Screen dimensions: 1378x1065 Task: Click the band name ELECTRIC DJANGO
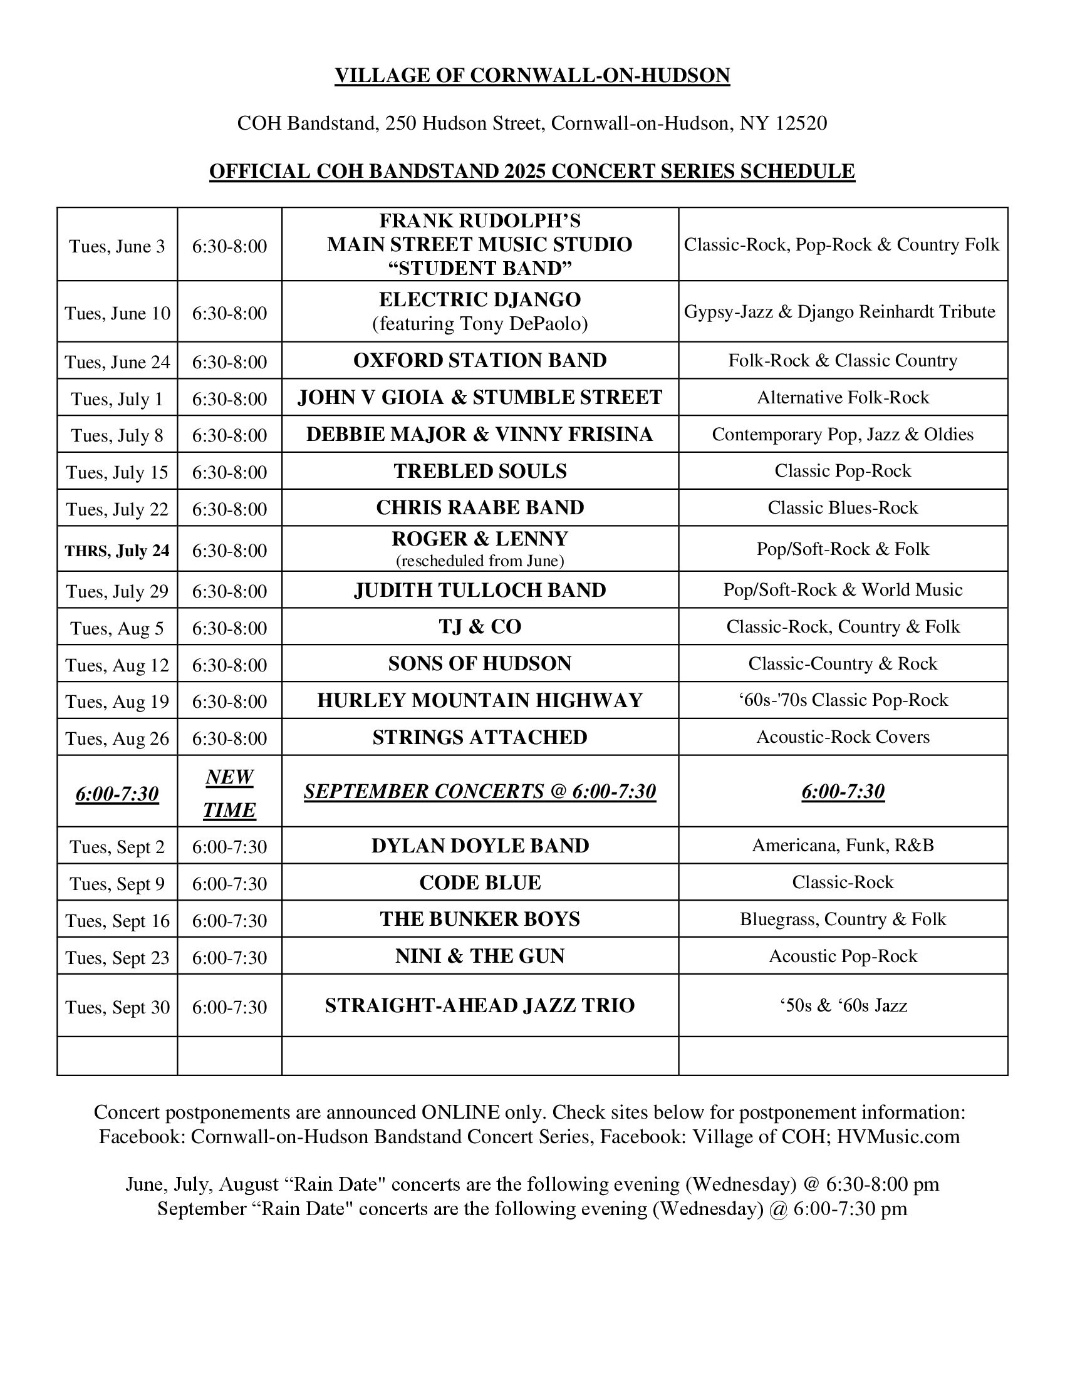[479, 299]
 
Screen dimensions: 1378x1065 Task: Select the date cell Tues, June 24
[117, 362]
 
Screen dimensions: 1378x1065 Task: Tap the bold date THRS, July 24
[117, 551]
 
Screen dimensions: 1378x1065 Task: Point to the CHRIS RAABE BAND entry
[479, 508]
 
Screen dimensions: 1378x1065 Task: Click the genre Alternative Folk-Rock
[843, 398]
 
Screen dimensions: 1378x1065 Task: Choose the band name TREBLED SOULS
[479, 471]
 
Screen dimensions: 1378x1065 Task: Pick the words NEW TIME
[229, 793]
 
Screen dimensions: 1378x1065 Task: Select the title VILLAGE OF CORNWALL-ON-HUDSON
[532, 76]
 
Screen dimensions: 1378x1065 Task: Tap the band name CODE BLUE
[479, 883]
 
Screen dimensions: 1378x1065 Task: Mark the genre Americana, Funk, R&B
[843, 846]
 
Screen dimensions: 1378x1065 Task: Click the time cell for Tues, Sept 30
[229, 1007]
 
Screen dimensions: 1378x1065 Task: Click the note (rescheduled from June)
[479, 561]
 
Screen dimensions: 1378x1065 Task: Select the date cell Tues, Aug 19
[117, 702]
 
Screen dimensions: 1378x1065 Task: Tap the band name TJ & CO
[479, 626]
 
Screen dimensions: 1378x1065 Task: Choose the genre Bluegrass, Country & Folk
[843, 920]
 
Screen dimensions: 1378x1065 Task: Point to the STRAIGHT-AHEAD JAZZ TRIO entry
[479, 1005]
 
